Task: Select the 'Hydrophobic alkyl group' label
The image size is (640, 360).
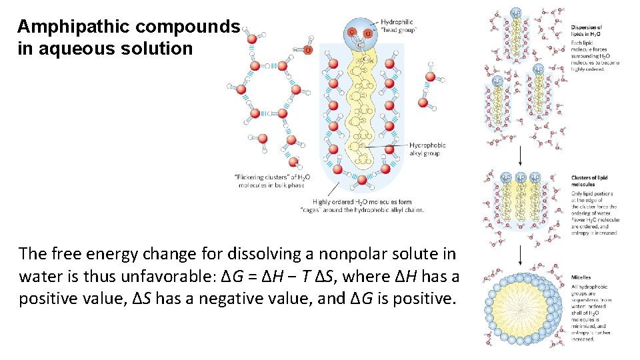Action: click(x=427, y=149)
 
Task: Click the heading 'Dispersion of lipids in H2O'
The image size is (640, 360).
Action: click(x=586, y=31)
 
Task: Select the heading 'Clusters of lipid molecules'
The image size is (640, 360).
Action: click(x=589, y=181)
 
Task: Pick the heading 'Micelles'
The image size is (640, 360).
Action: click(x=581, y=277)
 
